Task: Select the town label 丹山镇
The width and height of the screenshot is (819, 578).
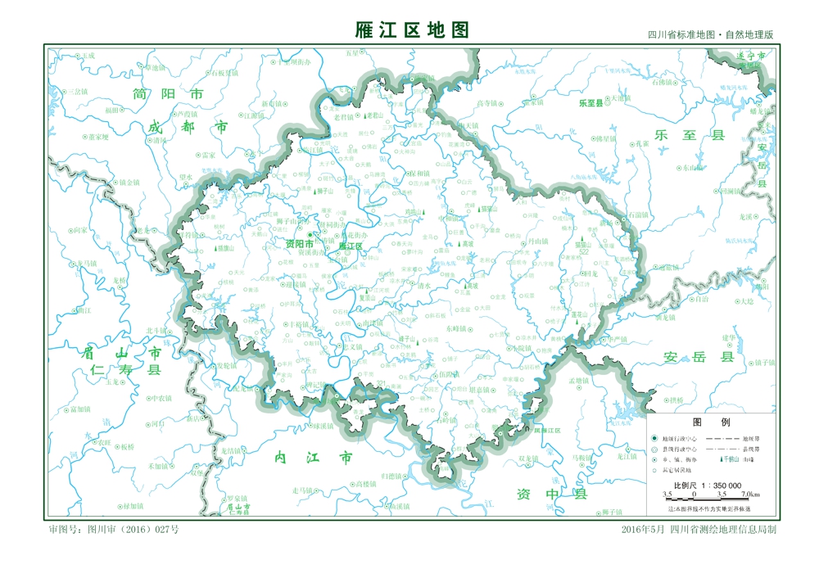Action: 537,242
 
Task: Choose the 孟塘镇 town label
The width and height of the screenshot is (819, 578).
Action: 579,381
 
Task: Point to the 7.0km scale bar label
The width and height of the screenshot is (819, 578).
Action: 750,494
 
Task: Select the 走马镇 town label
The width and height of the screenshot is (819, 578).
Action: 305,490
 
